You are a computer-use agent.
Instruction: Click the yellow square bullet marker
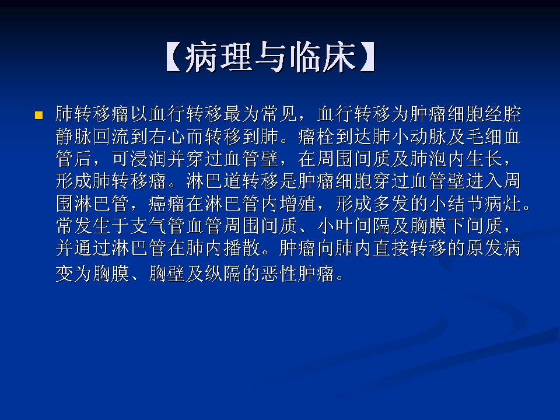point(39,115)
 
